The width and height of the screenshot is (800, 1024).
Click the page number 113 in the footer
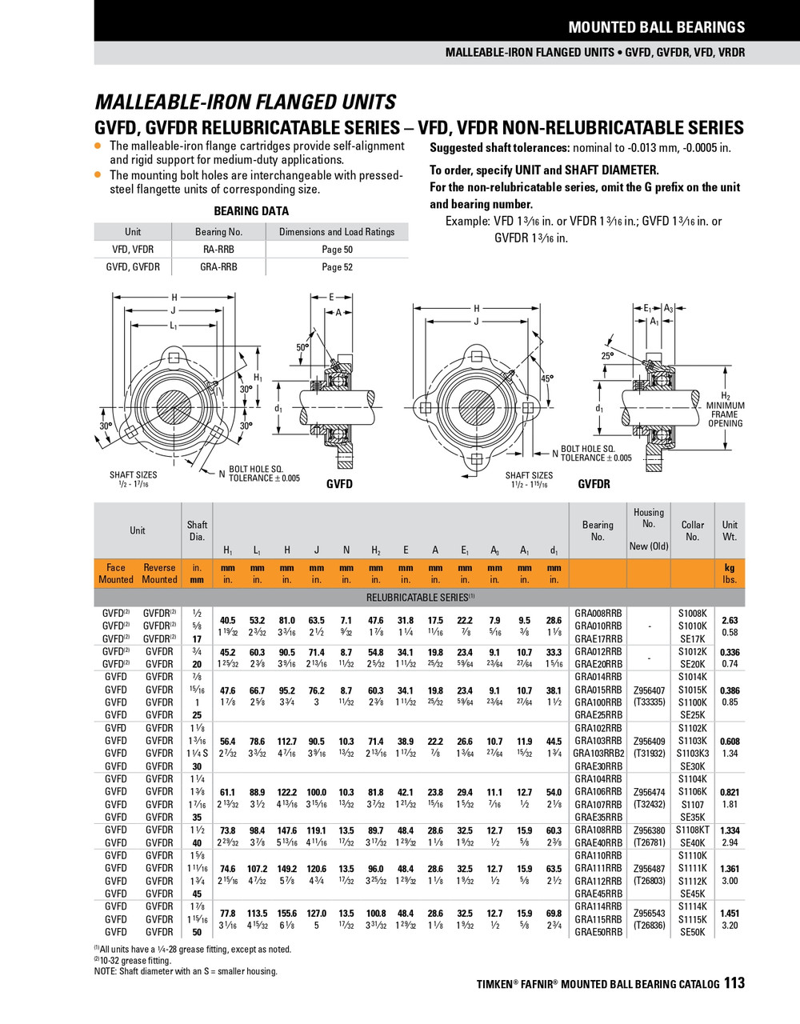(734, 982)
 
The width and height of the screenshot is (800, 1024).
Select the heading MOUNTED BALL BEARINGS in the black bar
(656, 27)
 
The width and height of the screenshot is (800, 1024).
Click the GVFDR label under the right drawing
(594, 484)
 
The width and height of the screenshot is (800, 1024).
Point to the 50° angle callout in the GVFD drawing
(302, 348)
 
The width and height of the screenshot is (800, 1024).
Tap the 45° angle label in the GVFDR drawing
(547, 379)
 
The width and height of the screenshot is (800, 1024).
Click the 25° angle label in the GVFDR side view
(608, 356)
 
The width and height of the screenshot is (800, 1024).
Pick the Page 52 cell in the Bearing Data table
(337, 267)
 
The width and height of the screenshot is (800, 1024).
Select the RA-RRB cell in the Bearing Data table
(218, 250)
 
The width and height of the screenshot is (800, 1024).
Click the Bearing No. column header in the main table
(598, 530)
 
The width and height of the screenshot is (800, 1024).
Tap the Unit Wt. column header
(730, 530)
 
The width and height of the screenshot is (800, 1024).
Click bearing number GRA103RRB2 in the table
(598, 754)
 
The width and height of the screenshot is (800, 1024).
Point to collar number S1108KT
(692, 830)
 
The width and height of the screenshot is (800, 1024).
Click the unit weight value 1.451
(730, 913)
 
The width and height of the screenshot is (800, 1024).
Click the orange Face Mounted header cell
(116, 574)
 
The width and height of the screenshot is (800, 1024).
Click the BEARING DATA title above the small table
(251, 211)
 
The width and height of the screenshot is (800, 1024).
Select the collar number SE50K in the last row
(692, 932)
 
